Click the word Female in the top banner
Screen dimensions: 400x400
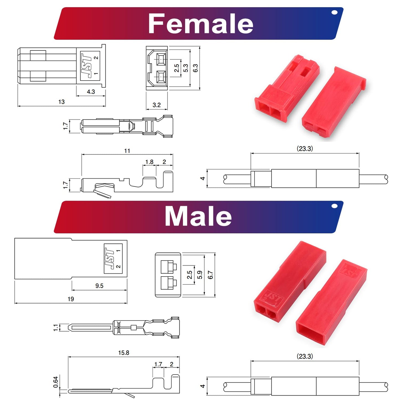point(200,24)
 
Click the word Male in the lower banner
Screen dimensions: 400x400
point(198,216)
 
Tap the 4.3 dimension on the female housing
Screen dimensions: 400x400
point(91,92)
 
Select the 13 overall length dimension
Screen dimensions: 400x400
point(61,102)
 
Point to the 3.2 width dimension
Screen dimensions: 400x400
point(156,105)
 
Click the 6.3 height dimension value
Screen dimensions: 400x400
point(195,68)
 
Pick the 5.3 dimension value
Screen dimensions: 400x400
point(185,68)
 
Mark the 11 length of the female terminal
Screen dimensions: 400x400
point(127,151)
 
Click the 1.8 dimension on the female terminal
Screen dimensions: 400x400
point(149,162)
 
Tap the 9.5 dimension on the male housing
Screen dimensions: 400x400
point(99,286)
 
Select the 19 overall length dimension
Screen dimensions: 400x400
point(71,299)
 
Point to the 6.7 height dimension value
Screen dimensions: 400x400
point(210,275)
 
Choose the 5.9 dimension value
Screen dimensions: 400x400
point(200,275)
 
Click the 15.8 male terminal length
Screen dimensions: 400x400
point(124,353)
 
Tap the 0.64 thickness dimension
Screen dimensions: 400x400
point(56,382)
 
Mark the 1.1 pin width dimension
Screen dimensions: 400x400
point(56,328)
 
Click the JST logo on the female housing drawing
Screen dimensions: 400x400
point(86,66)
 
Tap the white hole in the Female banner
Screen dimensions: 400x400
point(334,12)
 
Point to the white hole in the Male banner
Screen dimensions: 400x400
point(334,206)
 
